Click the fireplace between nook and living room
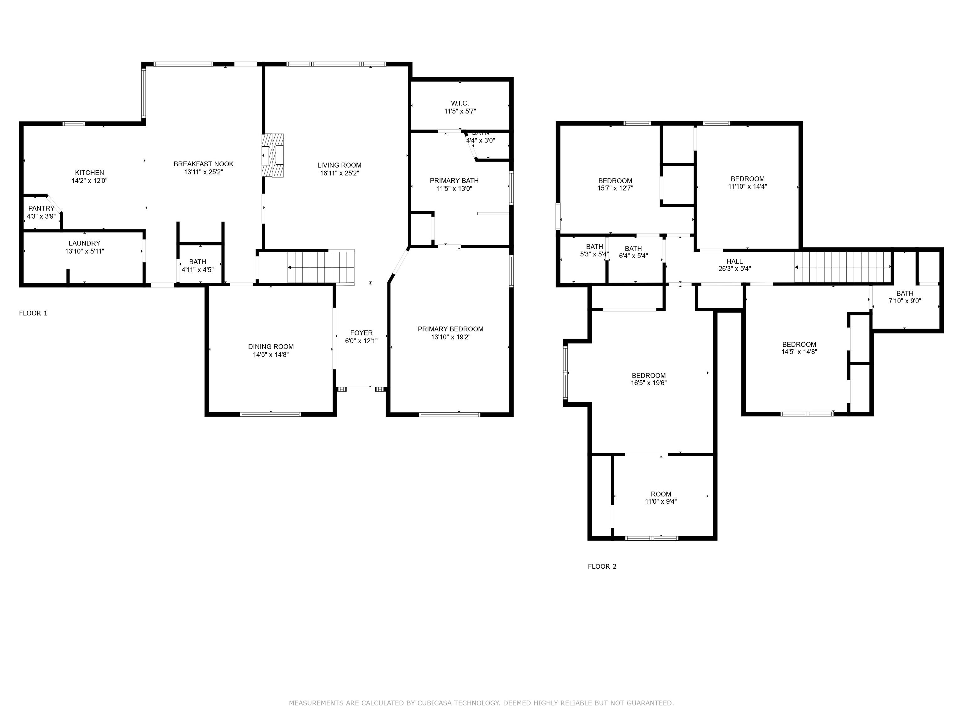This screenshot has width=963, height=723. click(x=272, y=156)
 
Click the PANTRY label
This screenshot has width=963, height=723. click(x=41, y=208)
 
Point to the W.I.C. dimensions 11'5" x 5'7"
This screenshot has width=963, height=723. click(x=460, y=111)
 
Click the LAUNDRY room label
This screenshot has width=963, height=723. click(x=84, y=243)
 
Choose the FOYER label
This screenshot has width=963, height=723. click(x=361, y=333)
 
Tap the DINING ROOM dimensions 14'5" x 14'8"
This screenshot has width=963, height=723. click(x=271, y=355)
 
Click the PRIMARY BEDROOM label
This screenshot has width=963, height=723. click(x=450, y=329)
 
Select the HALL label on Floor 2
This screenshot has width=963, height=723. click(x=734, y=261)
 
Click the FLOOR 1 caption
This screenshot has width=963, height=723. click(x=33, y=313)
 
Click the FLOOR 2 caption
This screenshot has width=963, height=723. click(x=602, y=566)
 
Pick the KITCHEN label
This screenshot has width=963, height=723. click(x=89, y=173)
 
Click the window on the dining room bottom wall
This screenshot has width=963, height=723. click(x=271, y=414)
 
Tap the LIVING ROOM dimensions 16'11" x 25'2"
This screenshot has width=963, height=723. click(x=339, y=173)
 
